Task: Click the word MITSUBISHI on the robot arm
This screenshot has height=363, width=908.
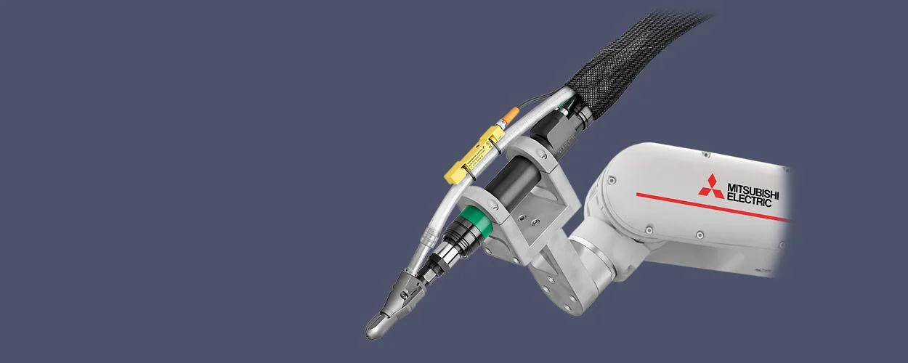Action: pyautogui.click(x=753, y=190)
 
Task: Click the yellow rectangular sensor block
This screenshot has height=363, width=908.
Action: pyautogui.click(x=476, y=153)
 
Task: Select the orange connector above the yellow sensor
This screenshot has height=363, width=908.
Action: pyautogui.click(x=506, y=116)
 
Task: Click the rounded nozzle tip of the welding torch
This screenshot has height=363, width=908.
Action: pyautogui.click(x=378, y=329)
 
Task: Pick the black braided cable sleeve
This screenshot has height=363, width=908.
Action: pyautogui.click(x=625, y=65)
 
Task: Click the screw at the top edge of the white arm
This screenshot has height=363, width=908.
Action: pyautogui.click(x=705, y=154)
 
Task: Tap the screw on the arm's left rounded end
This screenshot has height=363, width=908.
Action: pyautogui.click(x=612, y=180)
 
